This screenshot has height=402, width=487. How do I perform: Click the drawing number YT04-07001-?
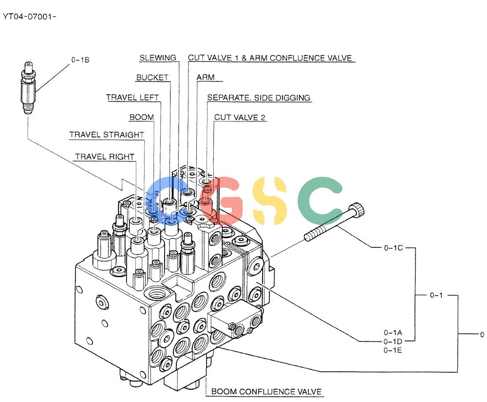[x=30, y=17]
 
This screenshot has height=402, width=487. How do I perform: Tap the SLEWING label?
[x=158, y=58]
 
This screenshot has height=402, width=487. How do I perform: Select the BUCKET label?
[x=152, y=78]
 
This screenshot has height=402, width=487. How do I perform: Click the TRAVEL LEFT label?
[x=132, y=98]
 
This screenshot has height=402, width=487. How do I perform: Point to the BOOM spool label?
[x=142, y=117]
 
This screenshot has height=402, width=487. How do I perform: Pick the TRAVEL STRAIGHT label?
[x=107, y=135]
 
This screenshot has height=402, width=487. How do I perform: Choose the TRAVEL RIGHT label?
[x=105, y=157]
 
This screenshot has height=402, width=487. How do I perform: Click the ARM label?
[x=206, y=77]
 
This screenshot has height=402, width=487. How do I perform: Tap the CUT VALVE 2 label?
[x=240, y=117]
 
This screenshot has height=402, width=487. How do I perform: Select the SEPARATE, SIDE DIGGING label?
[x=259, y=98]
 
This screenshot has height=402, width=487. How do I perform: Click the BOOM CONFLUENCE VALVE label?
[x=266, y=391]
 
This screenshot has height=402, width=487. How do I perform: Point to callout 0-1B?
[x=80, y=60]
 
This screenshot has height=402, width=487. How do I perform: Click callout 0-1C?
[x=393, y=248]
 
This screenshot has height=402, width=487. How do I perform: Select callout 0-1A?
[x=393, y=333]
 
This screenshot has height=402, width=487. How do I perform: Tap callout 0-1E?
[x=393, y=350]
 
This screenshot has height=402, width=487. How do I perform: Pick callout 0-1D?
[x=393, y=342]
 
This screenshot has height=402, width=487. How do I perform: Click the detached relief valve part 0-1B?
[x=28, y=88]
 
